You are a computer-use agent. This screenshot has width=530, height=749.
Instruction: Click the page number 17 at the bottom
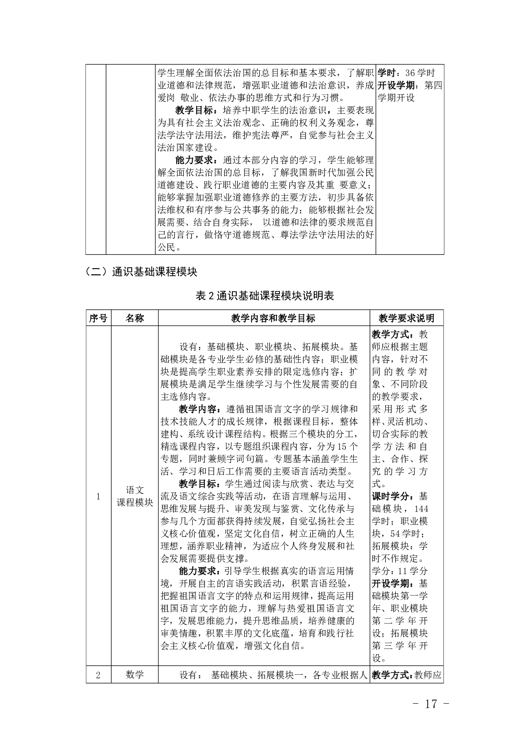[x=431, y=704]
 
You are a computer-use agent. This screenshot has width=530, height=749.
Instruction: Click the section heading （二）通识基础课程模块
[x=141, y=271]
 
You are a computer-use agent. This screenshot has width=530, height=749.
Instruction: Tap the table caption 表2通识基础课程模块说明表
[x=265, y=296]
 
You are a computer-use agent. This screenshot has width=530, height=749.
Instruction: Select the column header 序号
[x=98, y=318]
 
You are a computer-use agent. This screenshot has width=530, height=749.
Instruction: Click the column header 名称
[x=135, y=318]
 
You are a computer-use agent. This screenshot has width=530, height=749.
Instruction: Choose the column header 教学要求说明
[x=406, y=318]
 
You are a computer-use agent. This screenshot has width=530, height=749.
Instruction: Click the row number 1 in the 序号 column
[x=98, y=497]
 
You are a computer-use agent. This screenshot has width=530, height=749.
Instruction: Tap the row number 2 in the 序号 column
[x=98, y=675]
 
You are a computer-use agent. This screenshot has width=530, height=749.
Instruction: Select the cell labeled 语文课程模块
[x=135, y=496]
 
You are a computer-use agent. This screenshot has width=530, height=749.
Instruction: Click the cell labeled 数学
[x=135, y=675]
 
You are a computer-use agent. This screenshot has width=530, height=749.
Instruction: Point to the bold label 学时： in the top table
[x=390, y=73]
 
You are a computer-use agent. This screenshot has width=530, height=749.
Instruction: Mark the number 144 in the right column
[x=421, y=508]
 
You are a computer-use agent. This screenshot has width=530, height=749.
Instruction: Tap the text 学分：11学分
[x=400, y=571]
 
